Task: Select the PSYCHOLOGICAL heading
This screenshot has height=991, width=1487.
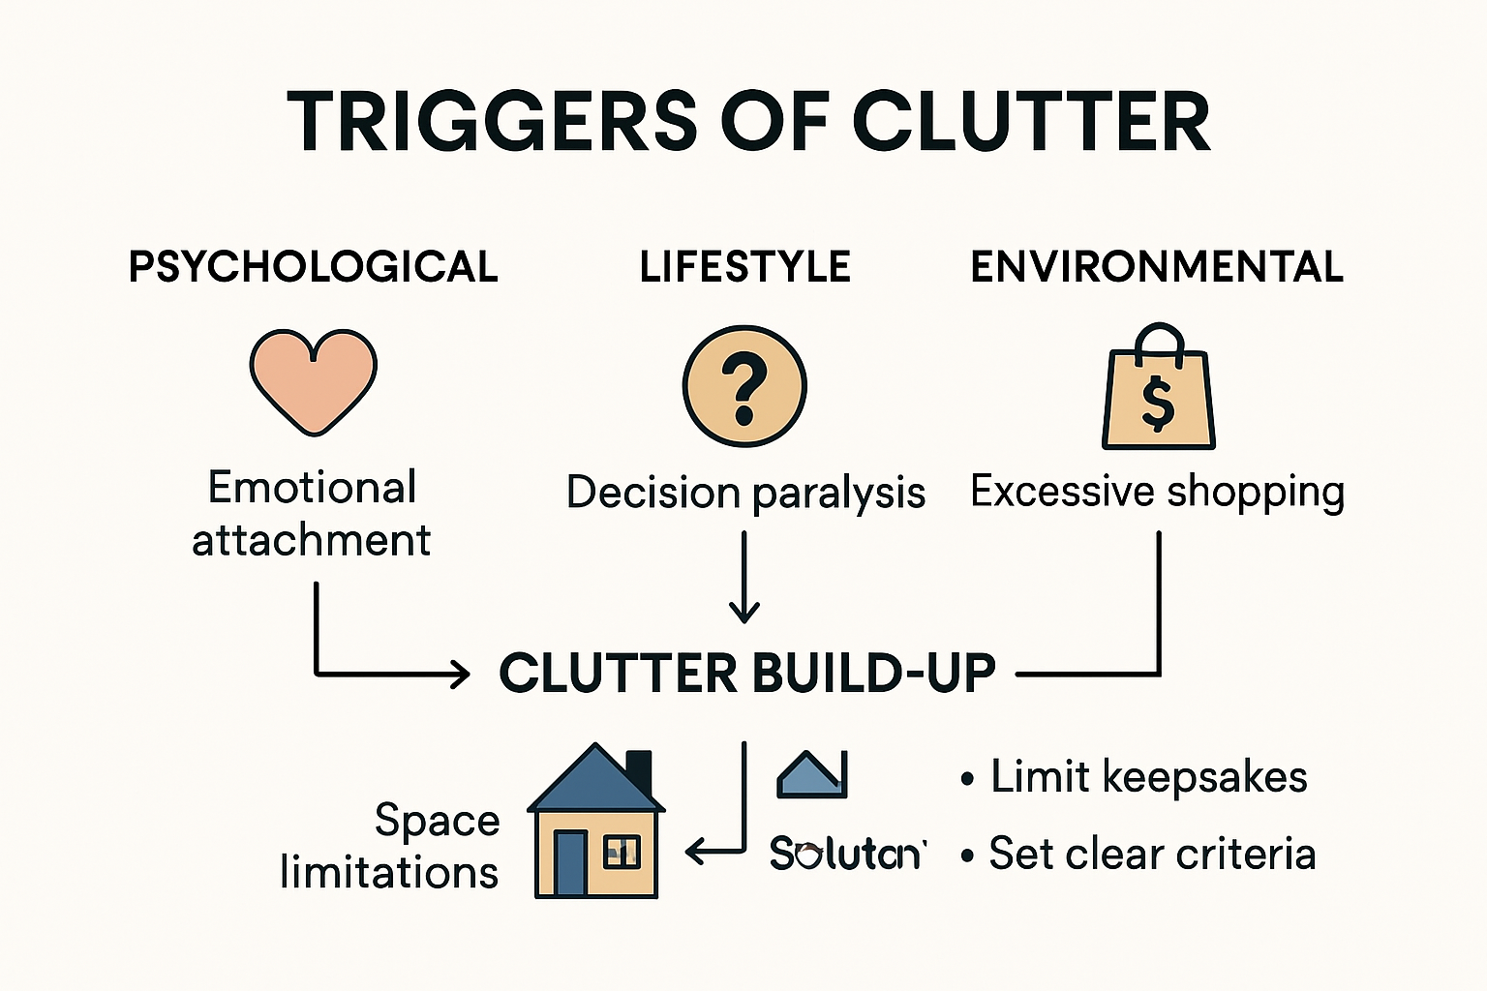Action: coord(313,267)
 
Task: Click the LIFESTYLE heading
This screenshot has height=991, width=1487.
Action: coord(744,267)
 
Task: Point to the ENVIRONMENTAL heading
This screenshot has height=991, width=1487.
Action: coord(1157,267)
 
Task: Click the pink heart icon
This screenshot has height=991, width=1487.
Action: coord(313,380)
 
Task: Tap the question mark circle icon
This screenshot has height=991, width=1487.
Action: coord(744,386)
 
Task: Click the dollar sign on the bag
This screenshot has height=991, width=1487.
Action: coord(1158,403)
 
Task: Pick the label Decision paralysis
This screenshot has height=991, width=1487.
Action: coord(745,493)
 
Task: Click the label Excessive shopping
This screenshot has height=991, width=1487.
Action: coord(1157,492)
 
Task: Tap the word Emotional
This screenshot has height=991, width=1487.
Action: coord(312,488)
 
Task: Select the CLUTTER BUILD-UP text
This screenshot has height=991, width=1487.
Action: coord(747,674)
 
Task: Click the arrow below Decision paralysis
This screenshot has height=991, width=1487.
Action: coord(743,581)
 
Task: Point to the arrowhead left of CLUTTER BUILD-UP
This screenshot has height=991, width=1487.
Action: coord(459,674)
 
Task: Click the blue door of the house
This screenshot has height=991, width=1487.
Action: coord(570,860)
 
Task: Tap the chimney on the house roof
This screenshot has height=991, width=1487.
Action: coord(639,770)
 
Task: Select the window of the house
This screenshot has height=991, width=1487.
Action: coord(621,852)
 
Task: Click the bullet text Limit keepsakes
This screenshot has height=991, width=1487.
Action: coord(1148,777)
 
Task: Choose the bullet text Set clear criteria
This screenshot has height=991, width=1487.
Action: coord(1151,854)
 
